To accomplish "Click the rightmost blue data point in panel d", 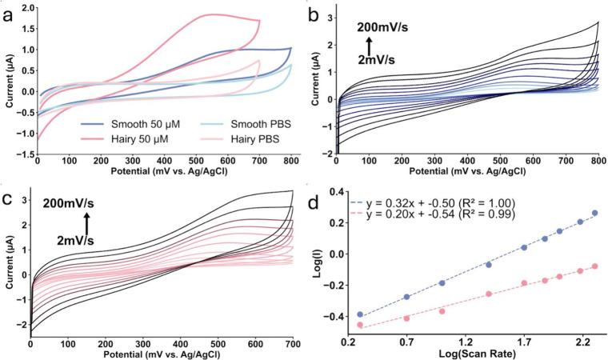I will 594,214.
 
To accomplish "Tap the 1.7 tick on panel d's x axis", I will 524,342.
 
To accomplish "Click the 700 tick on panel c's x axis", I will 293,345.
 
